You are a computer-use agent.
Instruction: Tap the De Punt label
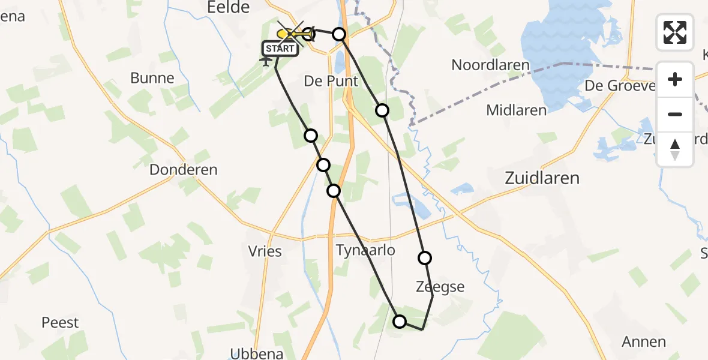tap(331, 81)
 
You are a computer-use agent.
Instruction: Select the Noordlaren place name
tap(490, 65)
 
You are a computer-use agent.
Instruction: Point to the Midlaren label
tap(516, 110)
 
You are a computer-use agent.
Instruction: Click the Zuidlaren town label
tap(542, 178)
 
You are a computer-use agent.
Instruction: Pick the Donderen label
tap(183, 170)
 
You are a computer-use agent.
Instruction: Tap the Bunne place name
tap(152, 78)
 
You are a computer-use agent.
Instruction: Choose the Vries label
tap(264, 251)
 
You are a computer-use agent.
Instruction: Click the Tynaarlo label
tap(365, 250)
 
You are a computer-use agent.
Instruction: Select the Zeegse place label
tap(440, 287)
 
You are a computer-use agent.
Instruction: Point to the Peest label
tap(60, 323)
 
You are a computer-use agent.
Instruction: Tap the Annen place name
tap(644, 342)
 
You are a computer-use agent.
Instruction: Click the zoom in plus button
tap(675, 79)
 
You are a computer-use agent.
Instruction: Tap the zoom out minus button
tap(675, 114)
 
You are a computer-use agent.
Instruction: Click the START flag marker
tap(280, 49)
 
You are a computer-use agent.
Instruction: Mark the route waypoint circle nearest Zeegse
tap(425, 258)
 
